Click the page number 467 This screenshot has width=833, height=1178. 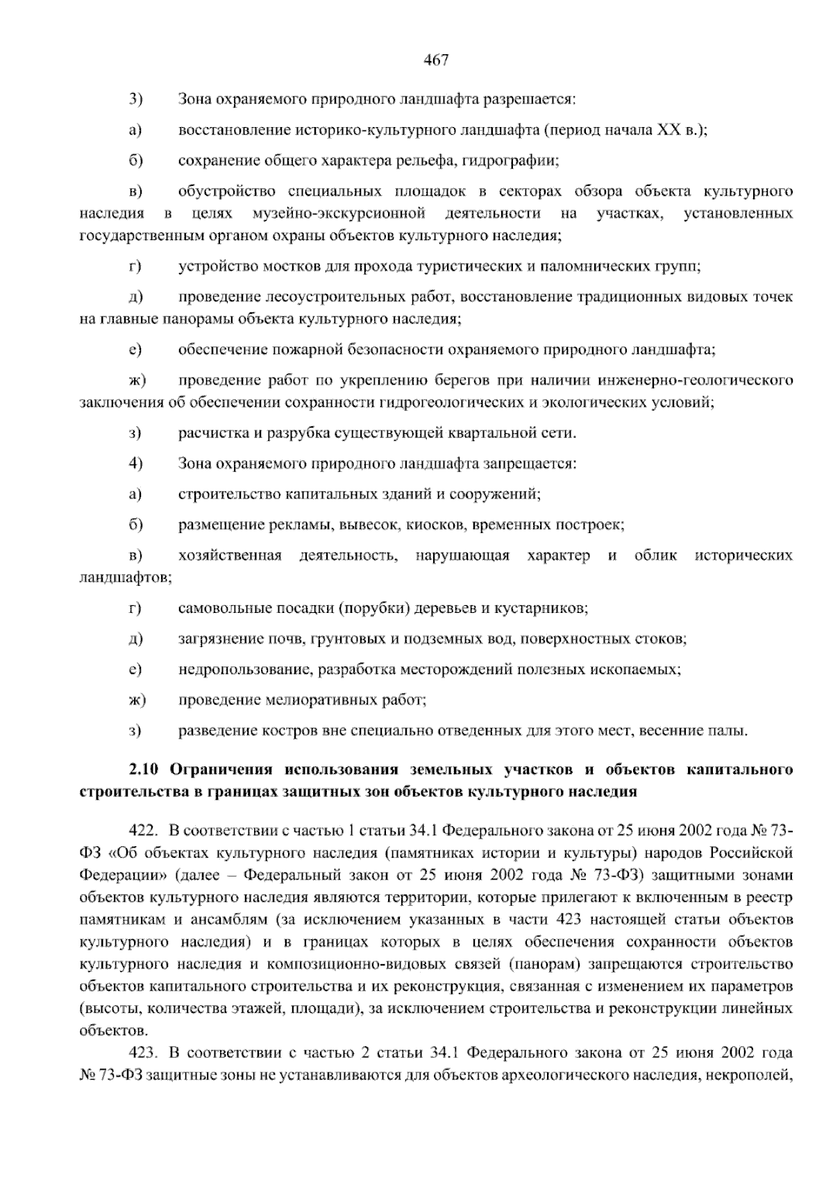pyautogui.click(x=437, y=60)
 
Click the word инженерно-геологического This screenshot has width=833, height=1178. pyautogui.click(x=704, y=380)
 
